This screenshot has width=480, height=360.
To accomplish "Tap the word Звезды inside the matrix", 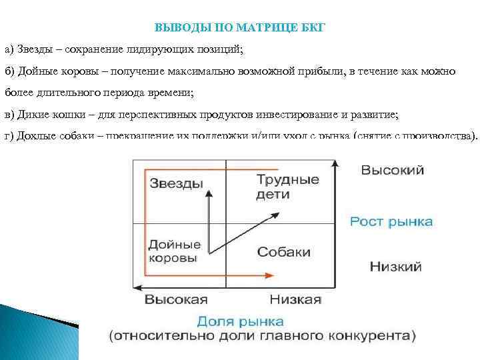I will pyautogui.click(x=176, y=183).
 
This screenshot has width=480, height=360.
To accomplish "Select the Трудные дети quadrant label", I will pyautogui.click(x=287, y=187).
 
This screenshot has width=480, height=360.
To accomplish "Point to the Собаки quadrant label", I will pyautogui.click(x=284, y=252).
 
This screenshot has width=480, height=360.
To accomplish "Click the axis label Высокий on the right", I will pyautogui.click(x=392, y=171).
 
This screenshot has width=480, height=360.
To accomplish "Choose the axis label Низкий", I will pyautogui.click(x=395, y=267).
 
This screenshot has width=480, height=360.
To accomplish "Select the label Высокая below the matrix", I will pyautogui.click(x=177, y=299).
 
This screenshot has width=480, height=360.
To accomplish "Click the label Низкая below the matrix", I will pyautogui.click(x=295, y=299).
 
